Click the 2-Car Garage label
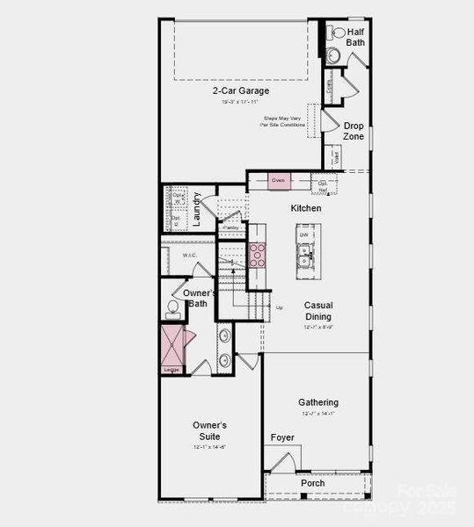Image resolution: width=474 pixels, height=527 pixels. click(240, 90)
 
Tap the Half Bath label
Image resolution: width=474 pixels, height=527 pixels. click(356, 38)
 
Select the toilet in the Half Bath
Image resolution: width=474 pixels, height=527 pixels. click(337, 33)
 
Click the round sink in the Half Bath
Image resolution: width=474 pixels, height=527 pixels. click(333, 55)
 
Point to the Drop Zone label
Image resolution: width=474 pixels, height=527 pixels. click(354, 131)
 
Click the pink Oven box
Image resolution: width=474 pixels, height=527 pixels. click(279, 180)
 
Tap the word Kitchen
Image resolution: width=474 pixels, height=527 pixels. click(306, 208)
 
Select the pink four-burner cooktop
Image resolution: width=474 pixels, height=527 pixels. click(258, 255)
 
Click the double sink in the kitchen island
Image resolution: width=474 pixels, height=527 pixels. click(304, 256)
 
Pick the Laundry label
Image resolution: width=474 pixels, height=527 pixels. click(198, 209)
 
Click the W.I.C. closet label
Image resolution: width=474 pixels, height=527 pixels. click(189, 256)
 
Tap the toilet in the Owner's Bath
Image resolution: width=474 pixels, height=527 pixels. click(173, 308)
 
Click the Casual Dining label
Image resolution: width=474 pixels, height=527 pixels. click(318, 311)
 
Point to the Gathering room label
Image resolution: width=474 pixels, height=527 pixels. click(318, 402)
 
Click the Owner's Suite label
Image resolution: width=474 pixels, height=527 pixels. click(210, 430)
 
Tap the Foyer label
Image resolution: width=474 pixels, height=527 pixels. click(282, 437)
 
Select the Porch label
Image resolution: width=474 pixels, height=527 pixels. click(312, 483)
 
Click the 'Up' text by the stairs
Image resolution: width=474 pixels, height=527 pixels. click(280, 307)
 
